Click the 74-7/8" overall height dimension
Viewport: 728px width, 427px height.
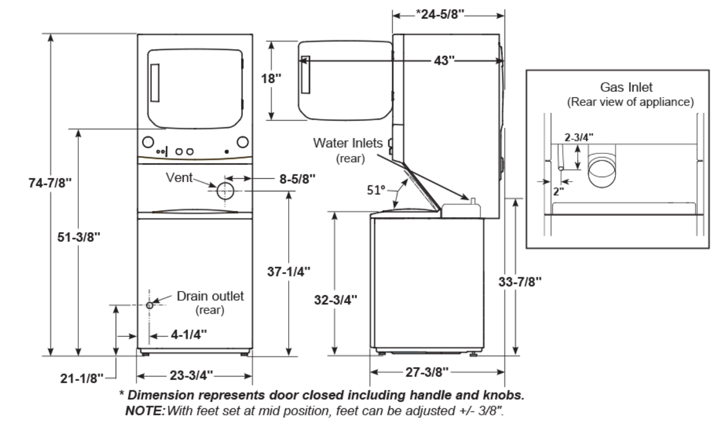50,183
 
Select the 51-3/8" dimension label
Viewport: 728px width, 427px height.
79,237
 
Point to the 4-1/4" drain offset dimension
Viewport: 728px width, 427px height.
188,335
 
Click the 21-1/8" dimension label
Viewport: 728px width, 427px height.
82,378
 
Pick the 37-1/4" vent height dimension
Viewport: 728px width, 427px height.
288,272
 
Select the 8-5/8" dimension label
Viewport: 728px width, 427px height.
297,179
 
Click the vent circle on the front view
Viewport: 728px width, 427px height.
225,192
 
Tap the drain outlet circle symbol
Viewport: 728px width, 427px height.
149,305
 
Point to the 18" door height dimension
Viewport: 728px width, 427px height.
271,79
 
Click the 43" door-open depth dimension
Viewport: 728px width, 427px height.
444,61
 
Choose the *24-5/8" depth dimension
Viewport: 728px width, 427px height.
440,15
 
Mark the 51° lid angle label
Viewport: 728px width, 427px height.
376,190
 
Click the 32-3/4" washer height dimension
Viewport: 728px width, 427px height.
335,300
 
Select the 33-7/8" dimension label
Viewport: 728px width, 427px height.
519,282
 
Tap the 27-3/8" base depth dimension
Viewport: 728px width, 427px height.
427,372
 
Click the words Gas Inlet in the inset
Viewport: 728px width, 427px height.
626,87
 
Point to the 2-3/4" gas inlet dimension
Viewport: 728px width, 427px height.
579,137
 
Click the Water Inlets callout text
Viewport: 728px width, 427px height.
348,143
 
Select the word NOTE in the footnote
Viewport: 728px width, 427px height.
145,411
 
